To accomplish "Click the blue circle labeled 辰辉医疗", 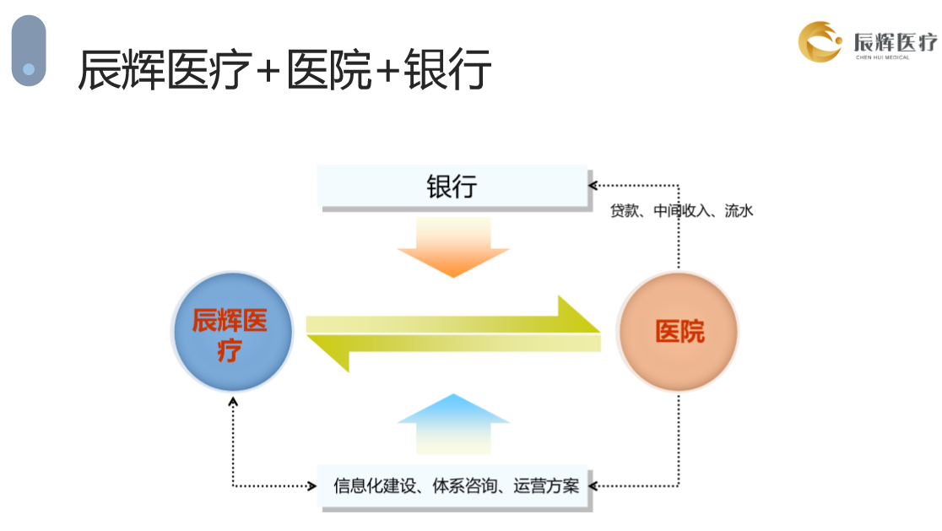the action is point(232,332).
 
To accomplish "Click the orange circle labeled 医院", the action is point(678,332).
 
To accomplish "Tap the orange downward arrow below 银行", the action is point(453,247).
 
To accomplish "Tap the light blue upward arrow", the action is point(453,424).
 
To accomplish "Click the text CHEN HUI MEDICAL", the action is point(883,57).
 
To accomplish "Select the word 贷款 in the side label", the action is point(624,211).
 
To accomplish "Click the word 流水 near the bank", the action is point(739,211).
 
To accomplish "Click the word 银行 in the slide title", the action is point(447,69).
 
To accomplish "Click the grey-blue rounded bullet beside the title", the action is point(29,51).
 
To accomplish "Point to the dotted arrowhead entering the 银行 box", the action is point(593,186).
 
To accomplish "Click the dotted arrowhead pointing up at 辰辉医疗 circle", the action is point(233,401).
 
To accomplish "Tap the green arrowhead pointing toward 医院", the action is point(579,314).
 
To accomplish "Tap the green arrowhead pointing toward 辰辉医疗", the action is point(328,354).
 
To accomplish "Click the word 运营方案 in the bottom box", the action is point(546,485).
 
